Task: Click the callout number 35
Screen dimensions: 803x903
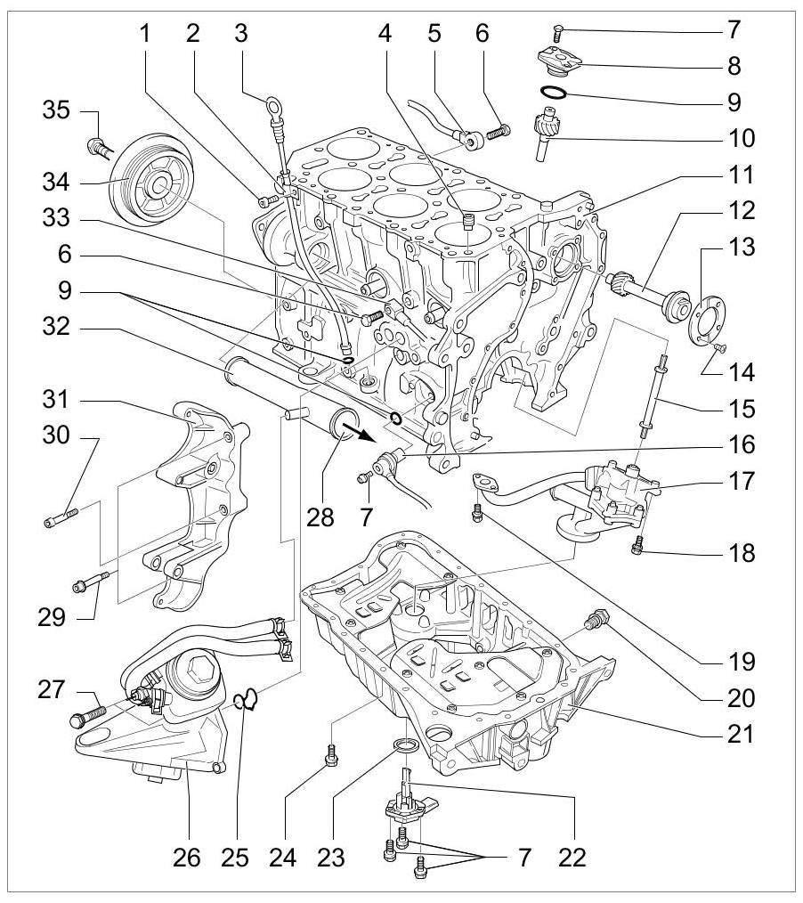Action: (56, 110)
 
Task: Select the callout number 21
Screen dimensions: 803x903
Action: (741, 734)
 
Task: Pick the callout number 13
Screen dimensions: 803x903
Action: (742, 247)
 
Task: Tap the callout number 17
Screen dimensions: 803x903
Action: (742, 480)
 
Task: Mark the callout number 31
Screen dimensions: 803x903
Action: (56, 399)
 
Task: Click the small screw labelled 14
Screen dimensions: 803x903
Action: (719, 347)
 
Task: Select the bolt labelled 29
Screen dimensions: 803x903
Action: (91, 582)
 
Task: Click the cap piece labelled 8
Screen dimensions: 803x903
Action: (559, 61)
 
